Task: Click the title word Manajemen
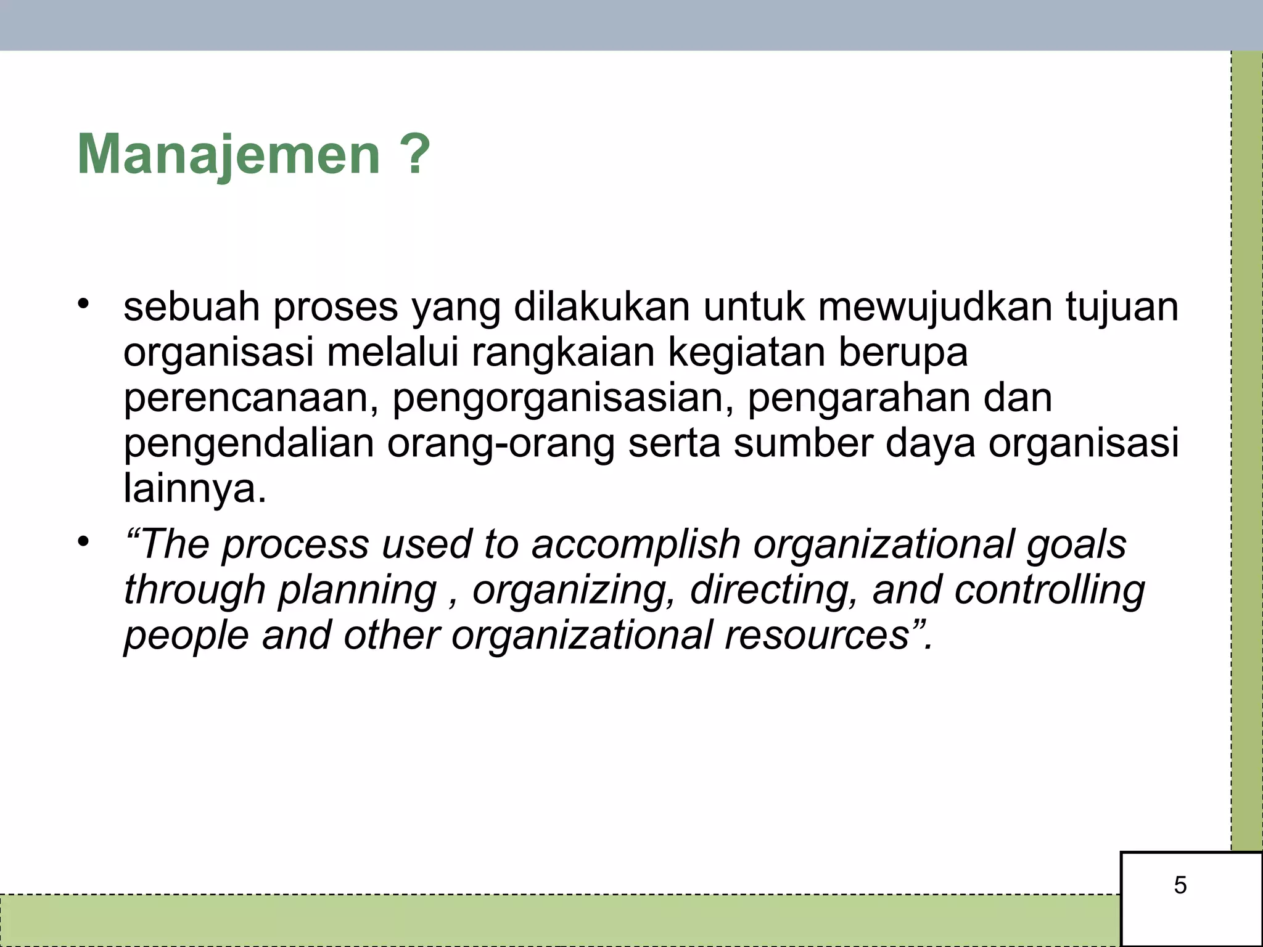[x=228, y=155]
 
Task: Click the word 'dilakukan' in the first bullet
[x=601, y=306]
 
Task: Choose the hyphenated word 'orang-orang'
[x=500, y=444]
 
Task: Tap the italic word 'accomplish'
[x=635, y=544]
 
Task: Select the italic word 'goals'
[x=1076, y=544]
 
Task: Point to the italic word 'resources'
[x=817, y=636]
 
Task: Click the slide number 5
[x=1180, y=885]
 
